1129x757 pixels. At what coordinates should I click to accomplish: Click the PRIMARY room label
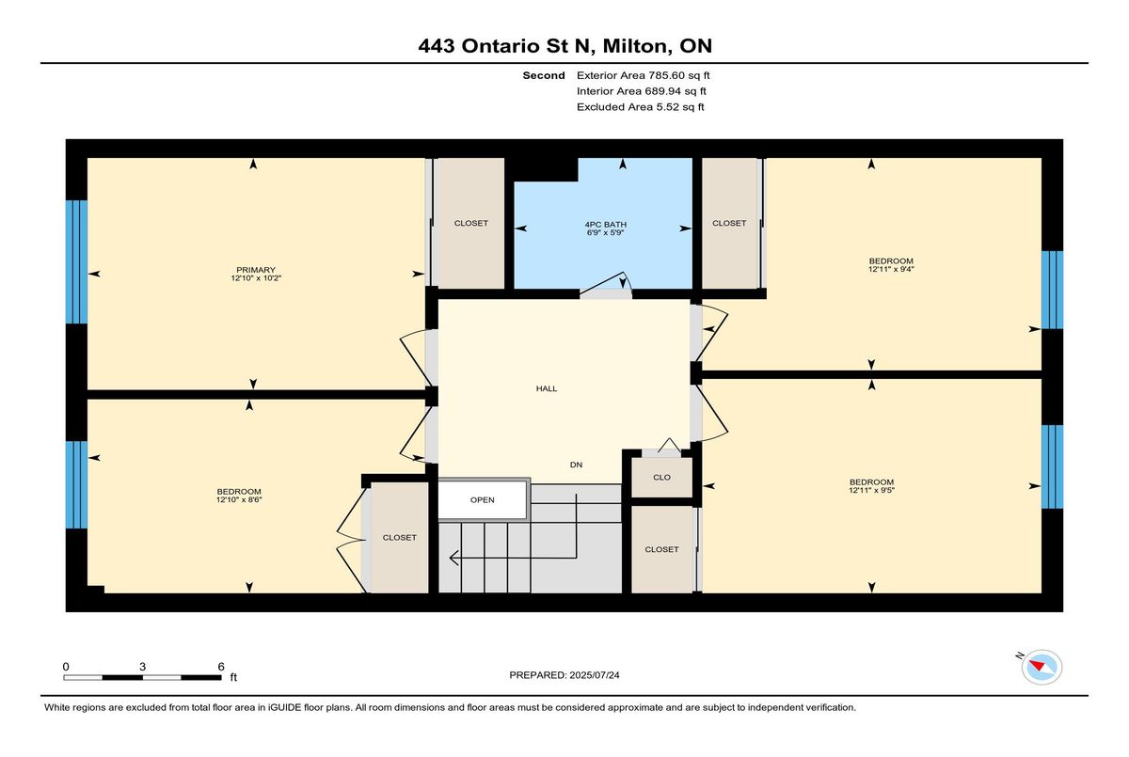point(256,270)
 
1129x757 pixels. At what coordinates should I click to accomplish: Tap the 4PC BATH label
point(606,225)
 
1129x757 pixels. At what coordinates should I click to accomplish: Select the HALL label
point(547,388)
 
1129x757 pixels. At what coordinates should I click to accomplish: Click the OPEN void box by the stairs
point(483,499)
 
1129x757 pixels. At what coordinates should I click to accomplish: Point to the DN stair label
point(576,465)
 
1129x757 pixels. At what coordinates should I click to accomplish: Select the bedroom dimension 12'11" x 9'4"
point(891,269)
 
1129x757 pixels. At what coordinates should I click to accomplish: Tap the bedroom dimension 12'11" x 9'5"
point(871,490)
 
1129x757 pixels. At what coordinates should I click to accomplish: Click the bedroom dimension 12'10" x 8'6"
point(239,499)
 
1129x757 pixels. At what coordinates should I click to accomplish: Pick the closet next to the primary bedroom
point(470,223)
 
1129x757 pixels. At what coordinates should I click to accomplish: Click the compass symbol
point(1042,668)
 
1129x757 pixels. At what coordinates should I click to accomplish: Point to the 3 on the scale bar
point(143,667)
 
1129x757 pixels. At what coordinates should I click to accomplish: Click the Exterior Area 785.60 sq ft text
point(644,75)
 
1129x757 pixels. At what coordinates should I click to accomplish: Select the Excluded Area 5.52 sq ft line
point(640,107)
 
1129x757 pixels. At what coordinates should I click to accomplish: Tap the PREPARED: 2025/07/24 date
point(564,675)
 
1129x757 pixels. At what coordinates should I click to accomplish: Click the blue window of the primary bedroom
point(76,262)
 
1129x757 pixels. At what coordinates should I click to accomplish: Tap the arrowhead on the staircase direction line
point(453,558)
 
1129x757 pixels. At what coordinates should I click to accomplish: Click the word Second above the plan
point(544,75)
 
